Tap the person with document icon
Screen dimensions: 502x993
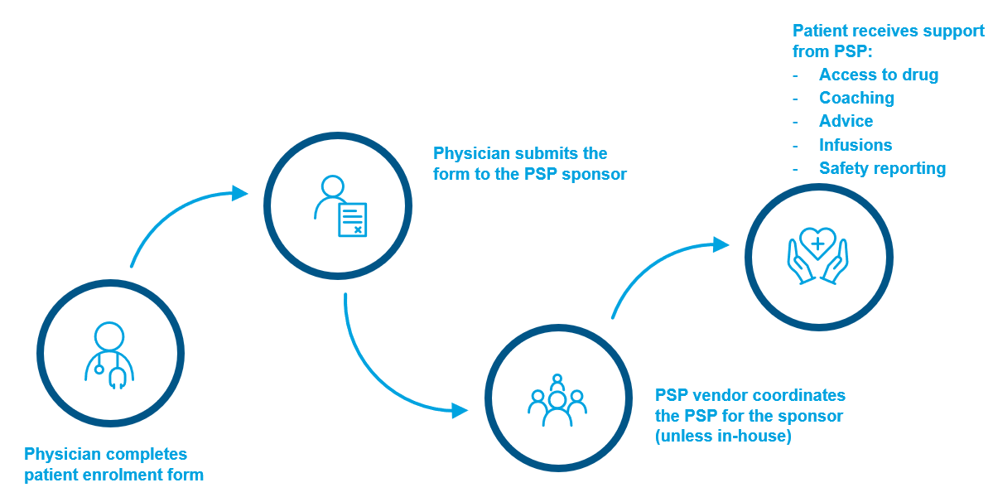(x=340, y=206)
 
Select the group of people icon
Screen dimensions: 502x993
(x=557, y=400)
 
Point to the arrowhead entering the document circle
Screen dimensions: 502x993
(x=240, y=193)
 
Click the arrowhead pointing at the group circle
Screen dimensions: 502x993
(x=460, y=410)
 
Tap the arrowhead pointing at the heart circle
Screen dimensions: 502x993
(x=721, y=244)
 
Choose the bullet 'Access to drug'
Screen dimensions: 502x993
(x=878, y=75)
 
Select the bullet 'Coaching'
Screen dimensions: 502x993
(x=856, y=98)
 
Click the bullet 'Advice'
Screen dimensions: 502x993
(x=846, y=121)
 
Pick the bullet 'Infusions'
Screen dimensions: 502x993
(x=856, y=145)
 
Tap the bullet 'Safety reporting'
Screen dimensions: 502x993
(x=882, y=168)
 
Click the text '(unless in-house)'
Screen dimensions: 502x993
(x=723, y=436)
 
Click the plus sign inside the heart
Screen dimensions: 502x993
(x=817, y=244)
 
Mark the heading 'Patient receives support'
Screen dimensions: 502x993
(x=889, y=31)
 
